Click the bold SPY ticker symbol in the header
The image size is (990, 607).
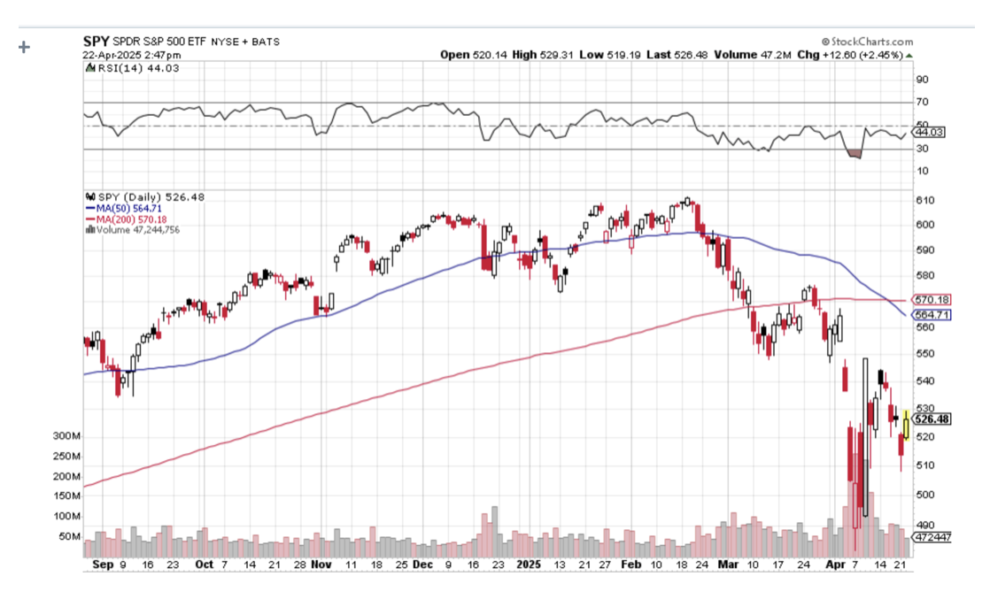pos(96,41)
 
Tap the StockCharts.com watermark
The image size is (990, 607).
pos(867,41)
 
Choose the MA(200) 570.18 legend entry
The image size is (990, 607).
pos(122,219)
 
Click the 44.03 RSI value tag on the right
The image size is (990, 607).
pos(932,132)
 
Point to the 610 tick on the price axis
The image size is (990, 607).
pos(924,200)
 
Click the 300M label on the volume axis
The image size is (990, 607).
pos(66,437)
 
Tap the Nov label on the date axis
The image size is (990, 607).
pos(321,564)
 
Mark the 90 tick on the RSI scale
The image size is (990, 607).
pos(922,80)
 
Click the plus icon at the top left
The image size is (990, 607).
pos(24,46)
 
